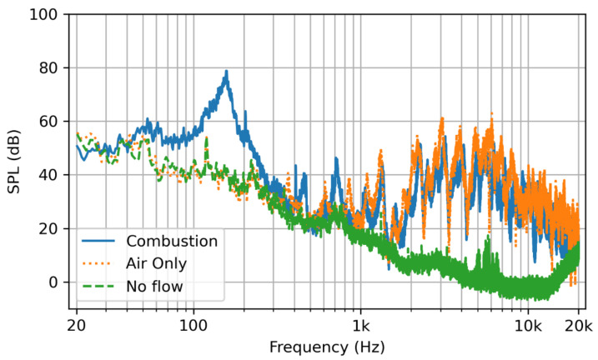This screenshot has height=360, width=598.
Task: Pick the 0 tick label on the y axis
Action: [x=55, y=282]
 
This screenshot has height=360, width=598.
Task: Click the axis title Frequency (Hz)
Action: [x=327, y=344]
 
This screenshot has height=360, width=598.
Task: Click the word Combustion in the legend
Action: [x=172, y=241]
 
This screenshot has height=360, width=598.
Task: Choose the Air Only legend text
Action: [x=156, y=263]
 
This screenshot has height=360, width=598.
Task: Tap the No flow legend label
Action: [x=155, y=286]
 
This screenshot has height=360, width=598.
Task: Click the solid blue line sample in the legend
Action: [x=99, y=241]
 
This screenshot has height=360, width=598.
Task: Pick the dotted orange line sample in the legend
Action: [x=99, y=263]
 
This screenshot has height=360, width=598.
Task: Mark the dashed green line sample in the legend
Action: [x=99, y=286]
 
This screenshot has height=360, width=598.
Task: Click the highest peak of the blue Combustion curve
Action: [x=226, y=72]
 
